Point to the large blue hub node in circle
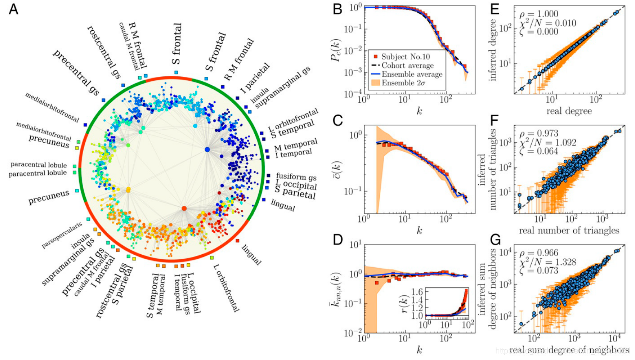coord(207,149)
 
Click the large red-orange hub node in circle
coord(184,208)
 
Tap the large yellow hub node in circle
coord(128,190)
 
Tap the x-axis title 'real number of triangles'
coord(570,231)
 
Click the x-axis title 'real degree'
coord(570,111)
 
